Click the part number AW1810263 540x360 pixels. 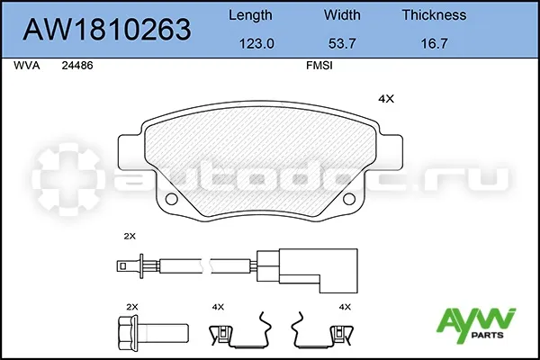click(107, 30)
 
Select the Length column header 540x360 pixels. click(250, 15)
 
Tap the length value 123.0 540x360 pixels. click(256, 44)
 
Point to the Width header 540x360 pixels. click(342, 14)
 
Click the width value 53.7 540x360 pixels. click(342, 44)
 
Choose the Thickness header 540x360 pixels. click(434, 14)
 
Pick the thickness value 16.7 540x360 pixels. click(435, 44)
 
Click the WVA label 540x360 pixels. click(26, 66)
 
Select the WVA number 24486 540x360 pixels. click(77, 66)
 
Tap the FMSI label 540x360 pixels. click(319, 66)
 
